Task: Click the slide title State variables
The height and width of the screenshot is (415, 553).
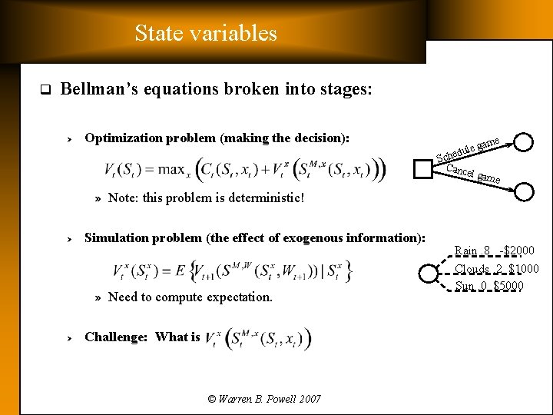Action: [x=205, y=33]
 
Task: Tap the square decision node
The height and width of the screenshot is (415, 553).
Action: [x=423, y=168]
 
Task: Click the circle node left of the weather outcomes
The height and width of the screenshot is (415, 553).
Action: [x=427, y=271]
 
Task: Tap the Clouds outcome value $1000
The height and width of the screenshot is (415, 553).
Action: [x=523, y=268]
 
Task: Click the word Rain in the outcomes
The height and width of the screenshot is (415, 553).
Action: [x=465, y=251]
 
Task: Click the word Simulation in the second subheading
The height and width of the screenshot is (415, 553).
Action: [x=115, y=237]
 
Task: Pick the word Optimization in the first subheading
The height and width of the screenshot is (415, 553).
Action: [x=120, y=138]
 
